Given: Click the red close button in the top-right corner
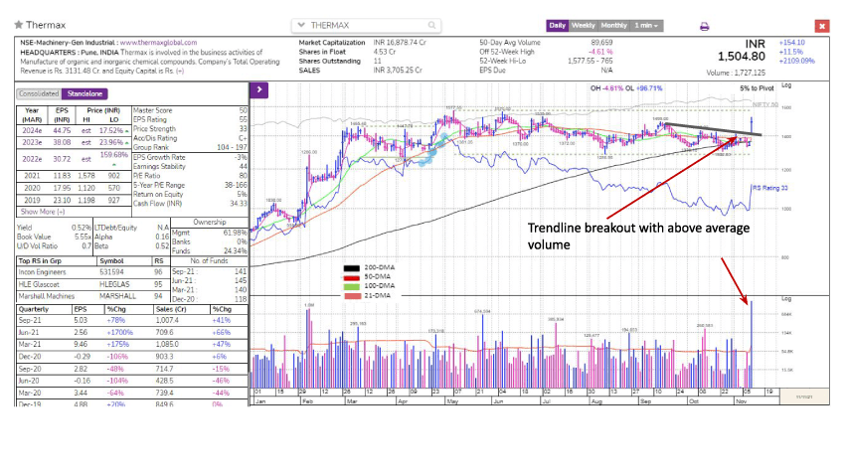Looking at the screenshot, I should click(x=822, y=26).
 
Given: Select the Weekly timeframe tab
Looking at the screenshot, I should click(x=583, y=25).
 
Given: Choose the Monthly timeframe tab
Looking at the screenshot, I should click(x=613, y=25).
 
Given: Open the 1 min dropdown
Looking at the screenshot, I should click(x=648, y=25).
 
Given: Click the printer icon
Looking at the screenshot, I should click(x=704, y=26).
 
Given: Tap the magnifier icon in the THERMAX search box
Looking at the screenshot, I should click(x=431, y=25).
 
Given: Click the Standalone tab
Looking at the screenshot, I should click(x=84, y=92).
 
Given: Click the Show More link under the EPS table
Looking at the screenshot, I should click(x=44, y=211).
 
